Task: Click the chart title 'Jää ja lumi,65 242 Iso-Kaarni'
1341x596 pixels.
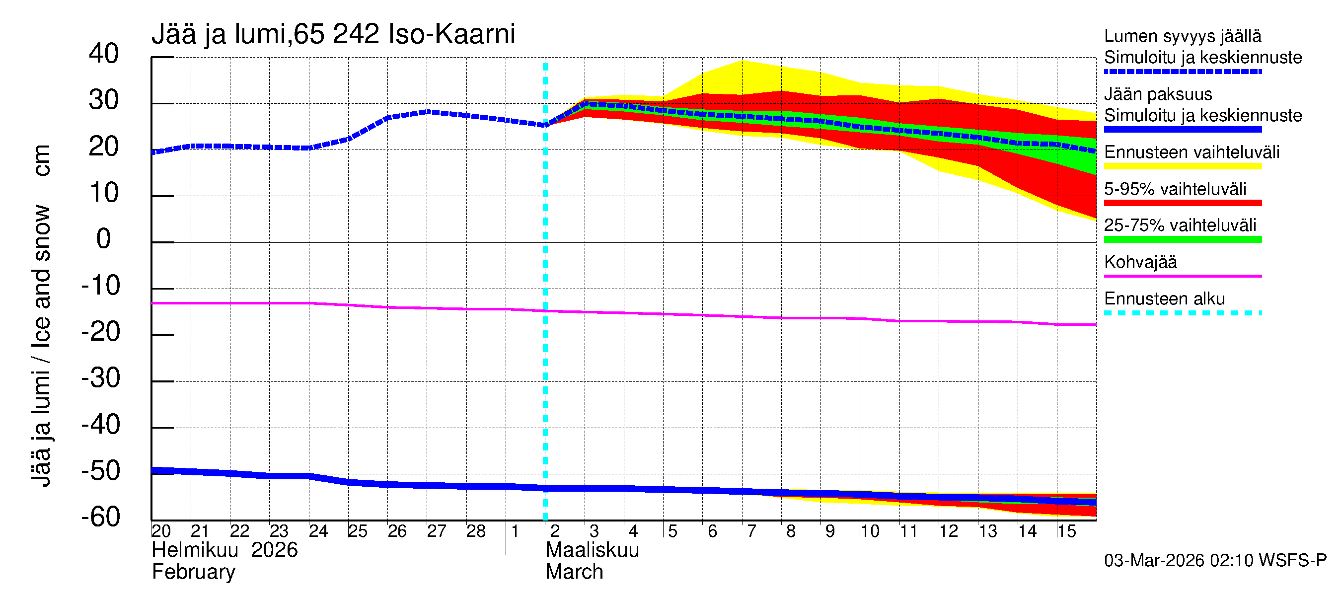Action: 333,34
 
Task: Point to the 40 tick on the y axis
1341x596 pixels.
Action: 104,54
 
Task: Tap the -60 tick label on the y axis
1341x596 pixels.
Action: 101,518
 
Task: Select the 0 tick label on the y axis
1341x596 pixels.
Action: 104,239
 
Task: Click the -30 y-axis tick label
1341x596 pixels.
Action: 101,378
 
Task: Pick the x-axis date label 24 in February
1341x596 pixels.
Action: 318,531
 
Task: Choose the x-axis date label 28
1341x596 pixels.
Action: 476,531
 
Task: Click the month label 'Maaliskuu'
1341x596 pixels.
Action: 592,550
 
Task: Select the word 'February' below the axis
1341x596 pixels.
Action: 193,572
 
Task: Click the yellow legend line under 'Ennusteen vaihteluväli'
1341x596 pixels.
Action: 1182,166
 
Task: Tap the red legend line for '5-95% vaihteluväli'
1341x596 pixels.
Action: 1182,203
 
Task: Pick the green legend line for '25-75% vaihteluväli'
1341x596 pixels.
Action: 1182,239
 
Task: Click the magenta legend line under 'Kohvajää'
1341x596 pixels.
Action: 1182,276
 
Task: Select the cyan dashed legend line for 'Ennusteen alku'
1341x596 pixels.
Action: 1182,313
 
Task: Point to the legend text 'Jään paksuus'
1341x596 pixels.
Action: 1158,94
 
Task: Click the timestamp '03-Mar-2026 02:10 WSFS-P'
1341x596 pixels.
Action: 1215,560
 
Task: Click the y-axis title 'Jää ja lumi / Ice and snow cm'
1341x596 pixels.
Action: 41,315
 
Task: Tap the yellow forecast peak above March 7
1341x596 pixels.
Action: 743,62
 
